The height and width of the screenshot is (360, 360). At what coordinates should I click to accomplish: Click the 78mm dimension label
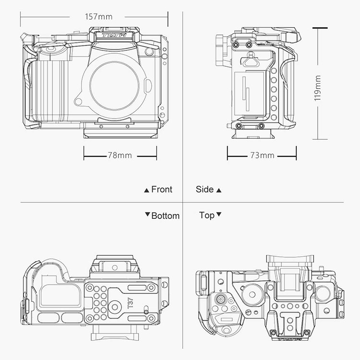[x=120, y=156]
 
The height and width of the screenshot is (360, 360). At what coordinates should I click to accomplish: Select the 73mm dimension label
[x=262, y=156]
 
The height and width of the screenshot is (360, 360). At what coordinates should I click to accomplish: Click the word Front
[x=162, y=190]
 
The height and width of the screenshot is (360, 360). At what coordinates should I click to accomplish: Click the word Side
[x=204, y=190]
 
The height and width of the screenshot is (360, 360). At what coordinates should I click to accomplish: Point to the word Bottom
[x=166, y=216]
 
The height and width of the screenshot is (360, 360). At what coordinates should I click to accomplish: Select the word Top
[x=206, y=216]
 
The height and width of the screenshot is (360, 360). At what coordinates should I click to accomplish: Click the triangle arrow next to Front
[x=146, y=191]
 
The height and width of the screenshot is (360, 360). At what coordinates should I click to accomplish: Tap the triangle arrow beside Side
[x=219, y=191]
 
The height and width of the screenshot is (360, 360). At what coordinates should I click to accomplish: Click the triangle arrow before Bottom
[x=147, y=215]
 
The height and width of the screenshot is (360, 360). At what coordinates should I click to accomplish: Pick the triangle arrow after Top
[x=219, y=215]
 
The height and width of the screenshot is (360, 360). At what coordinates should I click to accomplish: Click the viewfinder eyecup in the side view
[x=222, y=49]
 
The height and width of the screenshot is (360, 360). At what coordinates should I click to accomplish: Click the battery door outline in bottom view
[x=60, y=293]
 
